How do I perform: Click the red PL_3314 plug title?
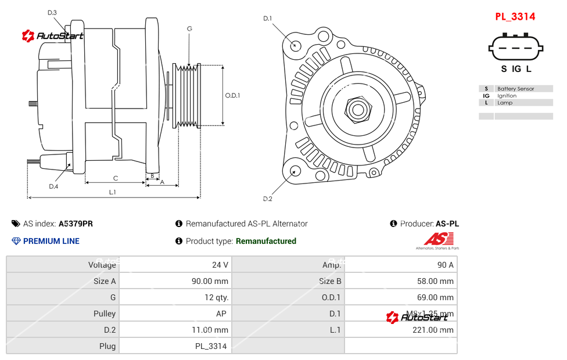(x=515, y=17)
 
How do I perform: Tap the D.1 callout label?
(x=267, y=19)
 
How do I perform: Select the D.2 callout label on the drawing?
(x=267, y=199)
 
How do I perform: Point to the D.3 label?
(x=52, y=12)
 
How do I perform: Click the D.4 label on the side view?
(x=53, y=186)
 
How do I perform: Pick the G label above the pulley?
(x=189, y=28)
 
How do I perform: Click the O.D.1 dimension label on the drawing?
(x=232, y=95)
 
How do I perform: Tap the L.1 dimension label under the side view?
(x=113, y=192)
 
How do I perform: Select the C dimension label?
(x=116, y=178)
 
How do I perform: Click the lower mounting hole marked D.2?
(x=295, y=171)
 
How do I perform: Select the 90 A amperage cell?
(x=445, y=265)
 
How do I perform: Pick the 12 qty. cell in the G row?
(x=217, y=297)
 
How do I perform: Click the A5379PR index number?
(x=76, y=224)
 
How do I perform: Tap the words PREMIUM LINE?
(x=51, y=241)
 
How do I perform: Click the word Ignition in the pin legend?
(x=507, y=96)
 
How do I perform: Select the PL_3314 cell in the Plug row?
(x=210, y=346)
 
